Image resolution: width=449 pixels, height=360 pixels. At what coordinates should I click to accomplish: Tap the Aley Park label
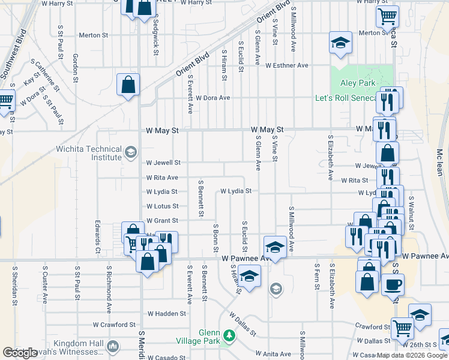pos(357,83)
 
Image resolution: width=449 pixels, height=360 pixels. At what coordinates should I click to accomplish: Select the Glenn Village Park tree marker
pos(228,335)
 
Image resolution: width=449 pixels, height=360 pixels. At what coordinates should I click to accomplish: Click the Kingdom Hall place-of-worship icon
pos(112,346)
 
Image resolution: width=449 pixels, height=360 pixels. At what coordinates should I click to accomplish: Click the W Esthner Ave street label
pos(286,65)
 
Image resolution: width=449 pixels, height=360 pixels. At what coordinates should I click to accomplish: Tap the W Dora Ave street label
pos(208,98)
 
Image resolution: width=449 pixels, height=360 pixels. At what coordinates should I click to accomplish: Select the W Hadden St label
pos(166,313)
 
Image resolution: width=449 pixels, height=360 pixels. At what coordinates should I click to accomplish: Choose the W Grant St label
pos(162,221)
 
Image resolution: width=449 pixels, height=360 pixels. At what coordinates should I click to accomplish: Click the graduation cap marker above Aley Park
pos(340,43)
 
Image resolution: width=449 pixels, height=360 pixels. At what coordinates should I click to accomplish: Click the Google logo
pos(20,353)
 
